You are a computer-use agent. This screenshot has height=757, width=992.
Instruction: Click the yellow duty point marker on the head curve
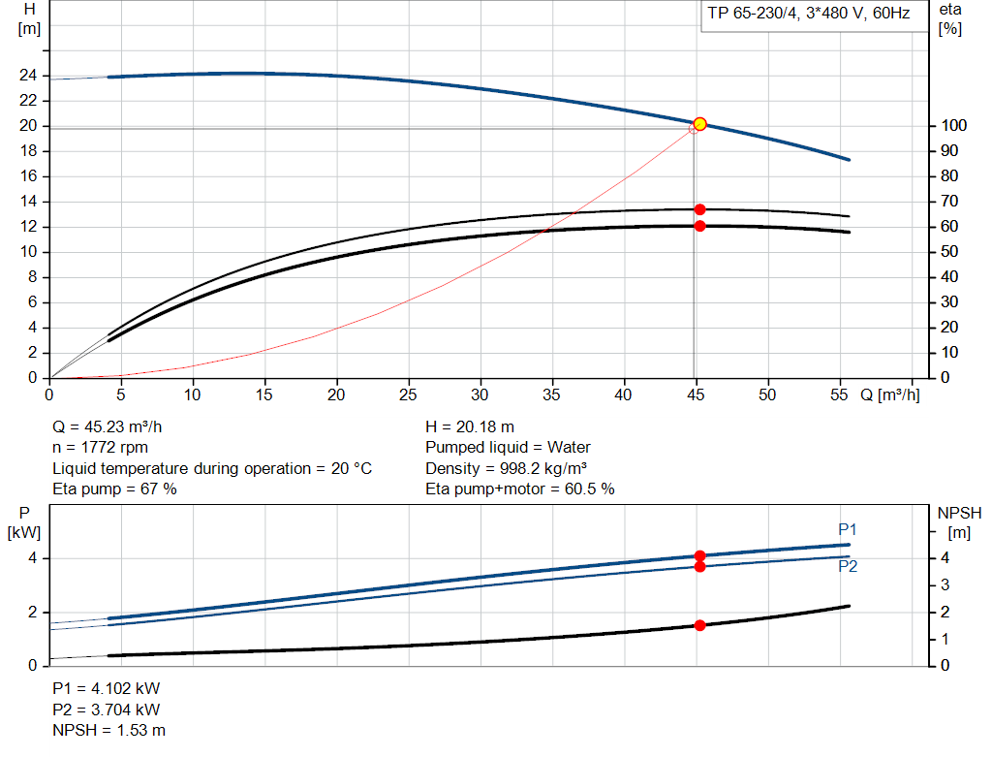[699, 124]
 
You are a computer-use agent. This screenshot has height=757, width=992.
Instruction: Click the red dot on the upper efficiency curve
[699, 209]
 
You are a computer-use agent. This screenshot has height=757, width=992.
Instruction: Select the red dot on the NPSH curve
[699, 625]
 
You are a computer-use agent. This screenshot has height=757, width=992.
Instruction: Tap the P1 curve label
[848, 529]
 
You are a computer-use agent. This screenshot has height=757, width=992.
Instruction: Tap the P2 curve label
[848, 566]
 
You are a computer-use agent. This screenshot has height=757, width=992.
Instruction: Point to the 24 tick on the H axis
[29, 76]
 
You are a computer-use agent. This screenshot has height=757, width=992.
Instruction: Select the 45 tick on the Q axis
[695, 395]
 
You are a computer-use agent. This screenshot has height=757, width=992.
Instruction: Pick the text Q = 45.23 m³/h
[115, 426]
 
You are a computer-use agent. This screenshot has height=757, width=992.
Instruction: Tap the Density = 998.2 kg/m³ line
[507, 468]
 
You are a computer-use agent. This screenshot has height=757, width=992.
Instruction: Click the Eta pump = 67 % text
[115, 489]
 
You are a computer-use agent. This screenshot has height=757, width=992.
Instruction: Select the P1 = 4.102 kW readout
[107, 688]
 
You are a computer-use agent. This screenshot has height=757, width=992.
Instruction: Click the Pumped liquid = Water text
[509, 447]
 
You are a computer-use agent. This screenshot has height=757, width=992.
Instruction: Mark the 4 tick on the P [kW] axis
[31, 558]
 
